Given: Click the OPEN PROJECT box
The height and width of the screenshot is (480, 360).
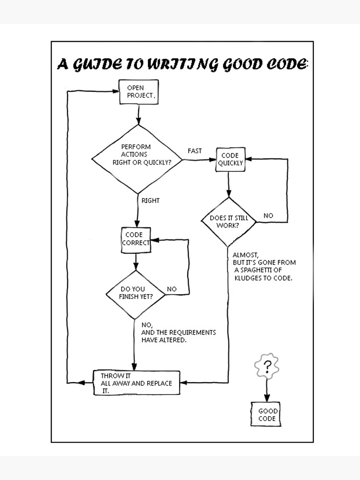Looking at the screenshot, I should tap(138, 92).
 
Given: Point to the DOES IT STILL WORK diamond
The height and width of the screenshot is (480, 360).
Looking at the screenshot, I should tap(228, 221).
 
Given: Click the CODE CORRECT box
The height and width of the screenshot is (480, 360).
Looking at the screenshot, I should tap(135, 239).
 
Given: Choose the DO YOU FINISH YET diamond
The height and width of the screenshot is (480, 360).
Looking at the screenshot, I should tap(136, 292).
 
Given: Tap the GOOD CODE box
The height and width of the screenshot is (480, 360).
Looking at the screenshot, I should tap(267, 414).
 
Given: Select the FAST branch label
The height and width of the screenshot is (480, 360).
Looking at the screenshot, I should tap(194, 151).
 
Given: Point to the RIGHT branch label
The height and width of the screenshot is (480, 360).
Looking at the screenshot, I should tap(150, 200).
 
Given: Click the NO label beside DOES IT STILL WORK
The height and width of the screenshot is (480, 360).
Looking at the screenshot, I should tap(268, 216).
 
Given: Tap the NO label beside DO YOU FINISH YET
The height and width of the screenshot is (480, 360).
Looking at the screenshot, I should tap(171, 289).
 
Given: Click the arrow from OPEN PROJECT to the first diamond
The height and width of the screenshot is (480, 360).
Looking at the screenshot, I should tap(138, 114).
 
